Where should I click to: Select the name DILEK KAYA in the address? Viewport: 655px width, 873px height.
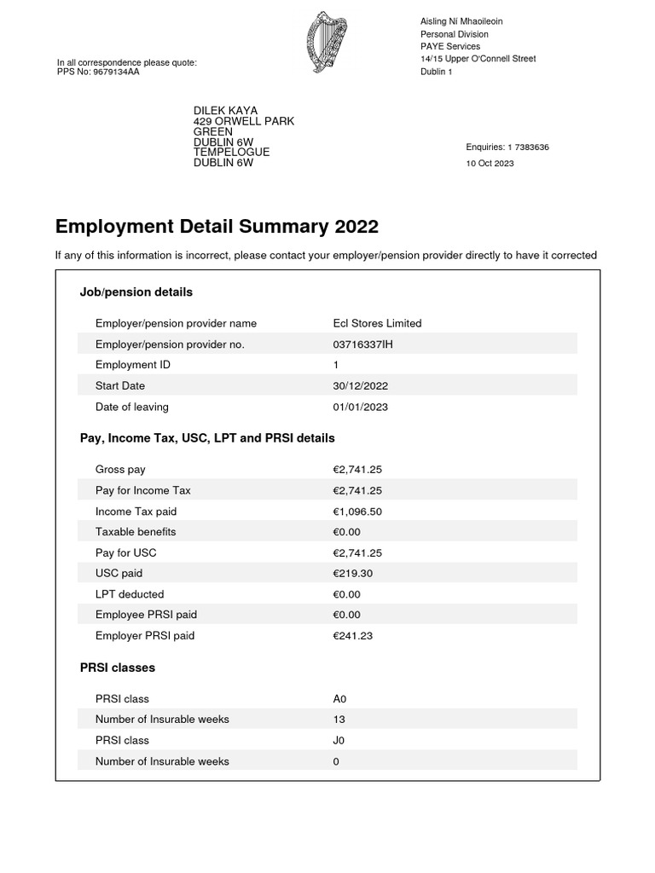click(225, 111)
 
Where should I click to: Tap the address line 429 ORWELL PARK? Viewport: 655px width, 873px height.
click(244, 121)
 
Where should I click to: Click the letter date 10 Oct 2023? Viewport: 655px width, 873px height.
click(490, 164)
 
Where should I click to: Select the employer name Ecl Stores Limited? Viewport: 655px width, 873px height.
click(377, 323)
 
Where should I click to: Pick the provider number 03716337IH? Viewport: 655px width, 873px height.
click(363, 344)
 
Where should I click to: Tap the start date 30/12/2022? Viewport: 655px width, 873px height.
click(360, 386)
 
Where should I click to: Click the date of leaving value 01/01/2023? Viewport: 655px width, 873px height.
click(360, 407)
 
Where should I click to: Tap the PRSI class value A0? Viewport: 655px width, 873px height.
click(339, 699)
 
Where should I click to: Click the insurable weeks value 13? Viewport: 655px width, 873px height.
click(339, 720)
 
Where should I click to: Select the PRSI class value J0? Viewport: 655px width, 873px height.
click(339, 740)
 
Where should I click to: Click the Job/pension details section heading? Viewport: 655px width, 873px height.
click(136, 292)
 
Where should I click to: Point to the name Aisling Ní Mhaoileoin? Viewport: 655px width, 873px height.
click(467, 21)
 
